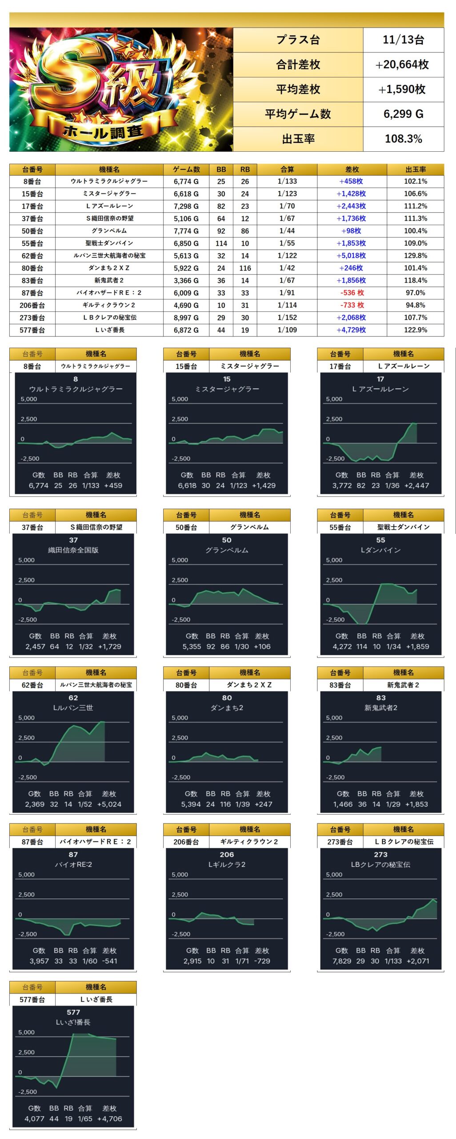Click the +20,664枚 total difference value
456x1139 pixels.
pyautogui.click(x=403, y=65)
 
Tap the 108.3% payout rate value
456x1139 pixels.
pyautogui.click(x=403, y=139)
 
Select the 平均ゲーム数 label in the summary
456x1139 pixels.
pyautogui.click(x=298, y=114)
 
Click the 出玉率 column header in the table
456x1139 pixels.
pyautogui.click(x=415, y=170)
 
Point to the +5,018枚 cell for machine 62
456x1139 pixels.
pyautogui.click(x=351, y=256)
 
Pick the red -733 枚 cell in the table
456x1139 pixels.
pyautogui.click(x=352, y=305)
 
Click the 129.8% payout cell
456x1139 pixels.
pyautogui.click(x=415, y=256)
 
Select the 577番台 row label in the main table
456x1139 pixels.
pyautogui.click(x=32, y=330)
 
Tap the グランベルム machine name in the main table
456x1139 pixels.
pyautogui.click(x=109, y=231)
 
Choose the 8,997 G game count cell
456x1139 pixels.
pyautogui.click(x=186, y=318)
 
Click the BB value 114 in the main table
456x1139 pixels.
pyautogui.click(x=221, y=243)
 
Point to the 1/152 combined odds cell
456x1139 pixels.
pyautogui.click(x=287, y=318)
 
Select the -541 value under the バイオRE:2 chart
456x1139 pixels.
pyautogui.click(x=109, y=961)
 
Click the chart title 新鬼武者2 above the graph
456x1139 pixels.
pyautogui.click(x=380, y=708)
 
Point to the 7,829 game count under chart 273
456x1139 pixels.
pyautogui.click(x=343, y=961)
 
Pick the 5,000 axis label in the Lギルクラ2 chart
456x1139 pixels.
pyautogui.click(x=180, y=875)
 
